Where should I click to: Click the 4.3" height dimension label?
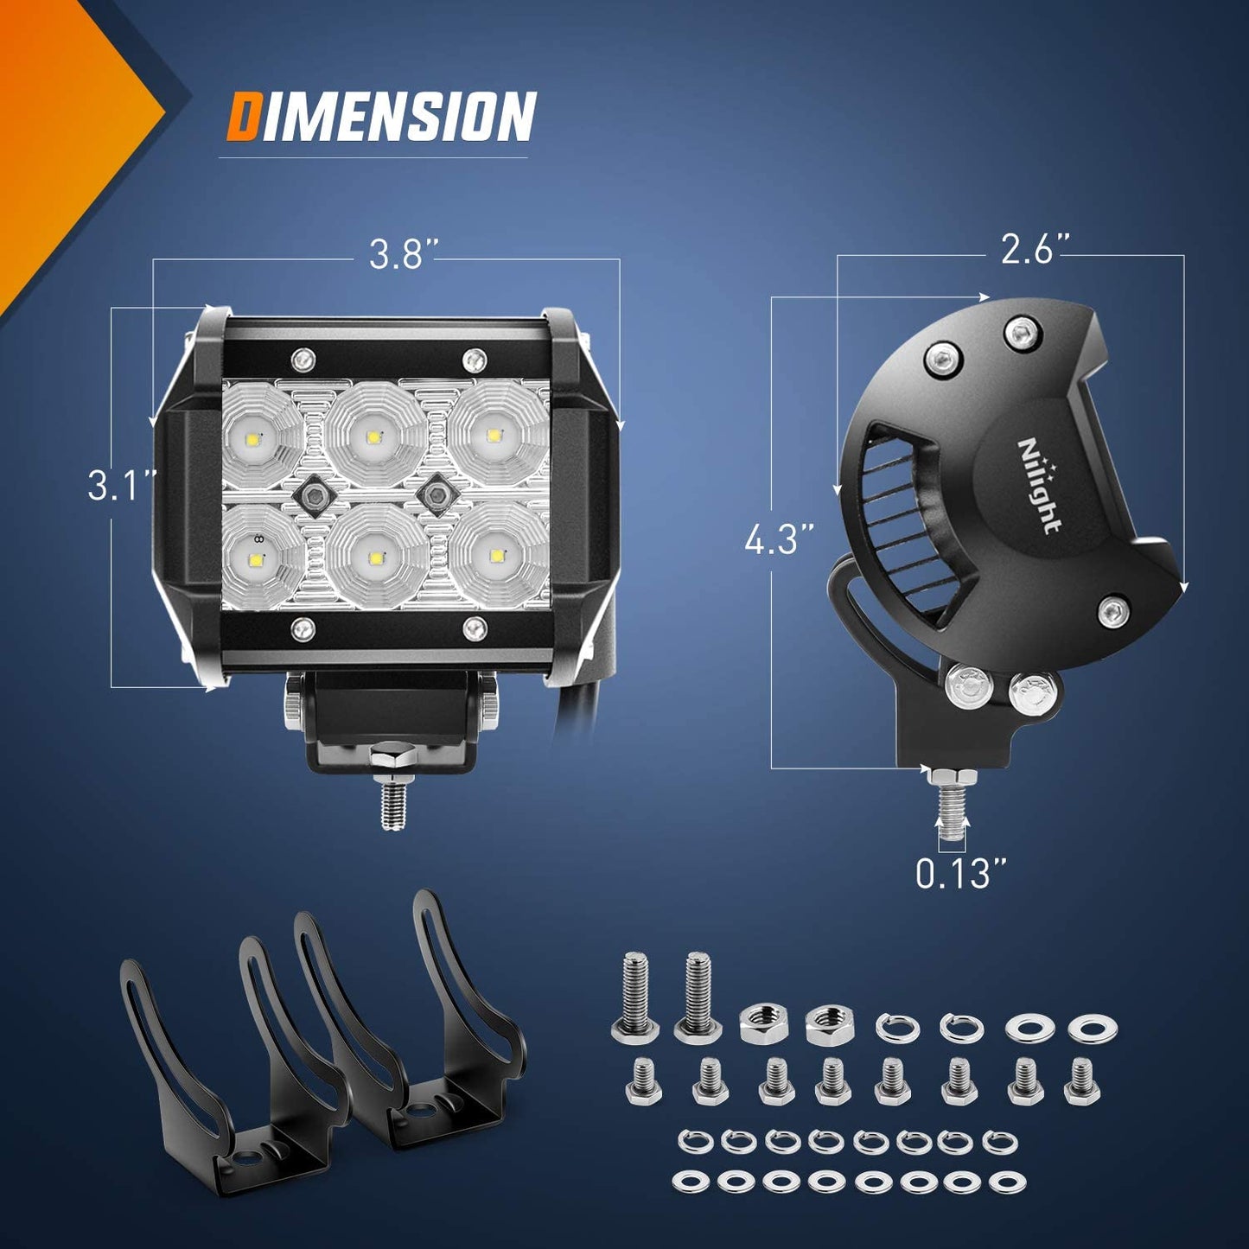tap(780, 543)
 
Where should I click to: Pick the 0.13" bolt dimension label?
tap(962, 874)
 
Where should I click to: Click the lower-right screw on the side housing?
tap(1112, 611)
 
